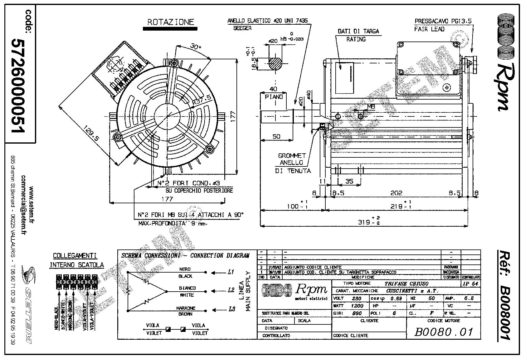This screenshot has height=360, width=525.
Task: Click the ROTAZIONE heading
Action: pyautogui.click(x=170, y=22)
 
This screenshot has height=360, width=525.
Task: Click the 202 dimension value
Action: pyautogui.click(x=396, y=193)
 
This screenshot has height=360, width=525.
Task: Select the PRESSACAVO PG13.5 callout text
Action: pyautogui.click(x=443, y=21)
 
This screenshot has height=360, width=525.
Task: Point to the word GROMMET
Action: pyautogui.click(x=292, y=155)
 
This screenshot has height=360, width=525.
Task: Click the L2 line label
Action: pyautogui.click(x=231, y=290)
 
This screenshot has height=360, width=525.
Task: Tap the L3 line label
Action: pyautogui.click(x=231, y=309)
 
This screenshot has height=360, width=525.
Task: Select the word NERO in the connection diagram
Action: pyautogui.click(x=185, y=269)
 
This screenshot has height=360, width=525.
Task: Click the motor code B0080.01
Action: pyautogui.click(x=443, y=332)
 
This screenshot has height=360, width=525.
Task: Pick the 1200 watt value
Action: pyautogui.click(x=357, y=306)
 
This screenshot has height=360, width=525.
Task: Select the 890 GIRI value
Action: pyautogui.click(x=357, y=313)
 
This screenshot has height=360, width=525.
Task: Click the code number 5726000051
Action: pyautogui.click(x=17, y=86)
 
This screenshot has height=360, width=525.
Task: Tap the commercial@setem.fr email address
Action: pyautogui.click(x=23, y=205)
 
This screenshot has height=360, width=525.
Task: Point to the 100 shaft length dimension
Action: pyautogui.click(x=293, y=206)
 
